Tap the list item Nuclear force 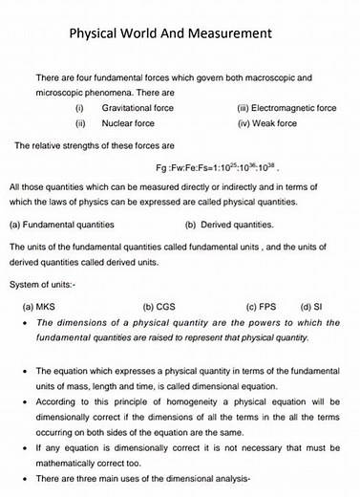click(x=130, y=123)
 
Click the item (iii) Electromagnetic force click(x=286, y=109)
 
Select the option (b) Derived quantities click(x=229, y=225)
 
